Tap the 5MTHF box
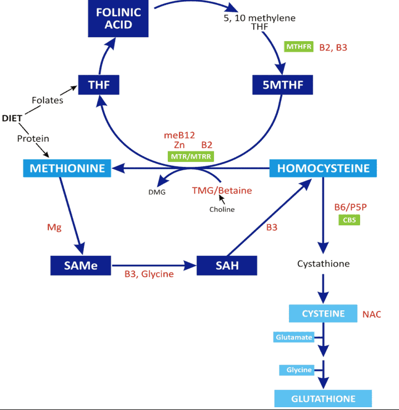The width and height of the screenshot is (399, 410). click(283, 85)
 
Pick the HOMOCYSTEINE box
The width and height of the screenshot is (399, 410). click(323, 167)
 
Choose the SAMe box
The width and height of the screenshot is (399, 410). click(81, 265)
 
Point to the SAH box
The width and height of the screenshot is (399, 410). click(227, 265)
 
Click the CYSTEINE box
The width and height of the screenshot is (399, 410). click(323, 313)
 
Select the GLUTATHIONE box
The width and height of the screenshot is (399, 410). click(323, 398)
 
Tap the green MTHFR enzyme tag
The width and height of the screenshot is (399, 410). click(299, 47)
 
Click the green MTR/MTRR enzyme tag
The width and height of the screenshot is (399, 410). click(191, 156)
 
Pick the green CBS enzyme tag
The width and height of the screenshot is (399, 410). click(349, 220)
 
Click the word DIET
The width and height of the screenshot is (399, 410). click(12, 118)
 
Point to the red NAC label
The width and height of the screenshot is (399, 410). click(372, 314)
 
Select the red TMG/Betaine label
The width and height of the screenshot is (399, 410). click(222, 190)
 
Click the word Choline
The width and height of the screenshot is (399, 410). click(222, 209)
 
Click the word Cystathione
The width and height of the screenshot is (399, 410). click(323, 263)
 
